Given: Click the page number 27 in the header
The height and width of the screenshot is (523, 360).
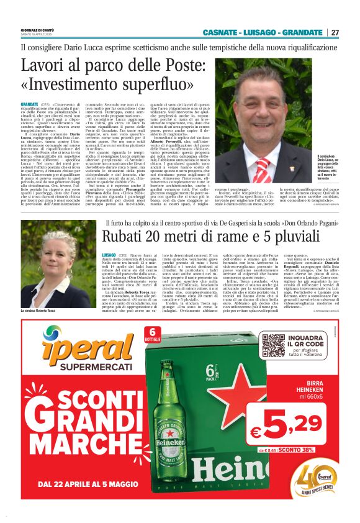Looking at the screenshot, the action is tap(335, 32).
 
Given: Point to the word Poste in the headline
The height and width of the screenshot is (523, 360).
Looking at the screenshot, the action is tap(156, 65).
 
